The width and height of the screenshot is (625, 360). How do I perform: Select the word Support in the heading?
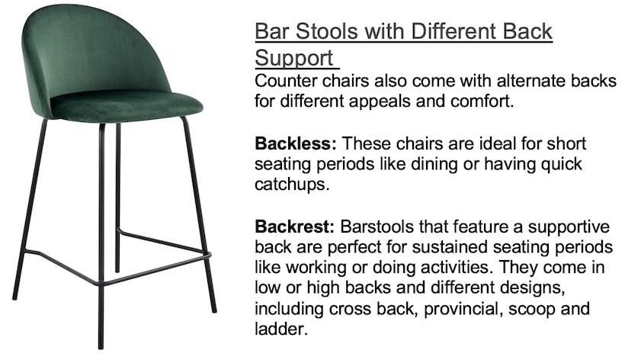click(x=293, y=58)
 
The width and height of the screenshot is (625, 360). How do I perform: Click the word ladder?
click(x=281, y=329)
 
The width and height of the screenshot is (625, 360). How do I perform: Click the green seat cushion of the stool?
click(x=127, y=106)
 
